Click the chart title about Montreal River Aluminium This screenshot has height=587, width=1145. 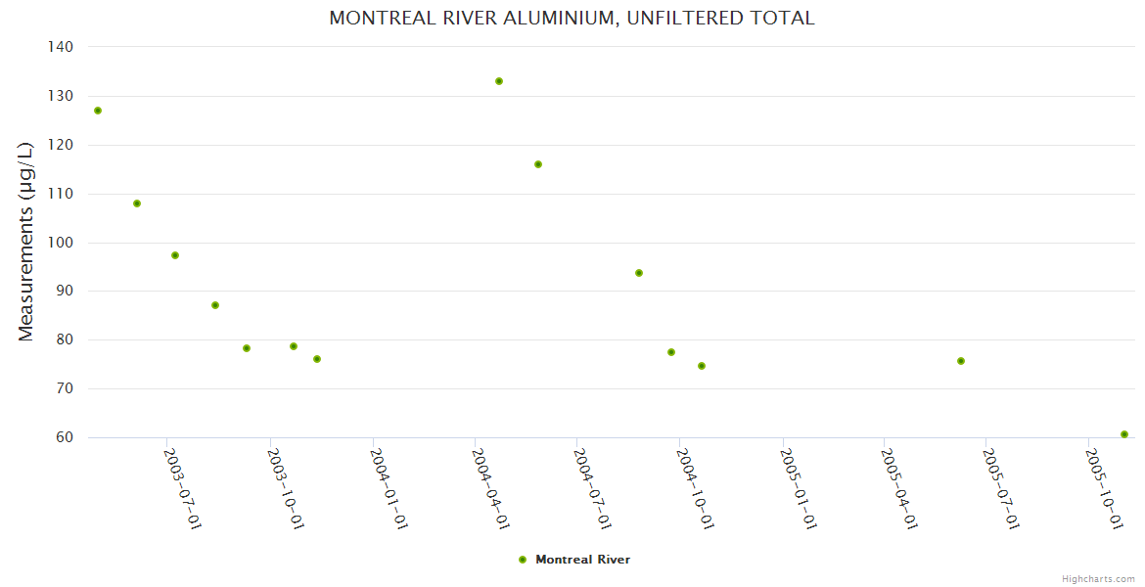coord(572,18)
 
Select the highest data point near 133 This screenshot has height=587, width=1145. coord(499,81)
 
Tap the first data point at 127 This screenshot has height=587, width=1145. coord(98,111)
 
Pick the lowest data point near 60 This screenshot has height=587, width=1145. coord(1124,434)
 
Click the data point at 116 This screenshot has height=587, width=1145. coord(538,164)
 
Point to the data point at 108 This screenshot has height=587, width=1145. coord(137,203)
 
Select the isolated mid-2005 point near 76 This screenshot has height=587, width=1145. coord(961,361)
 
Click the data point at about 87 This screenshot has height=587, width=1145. coord(215,305)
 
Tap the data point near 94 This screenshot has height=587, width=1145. coord(639,273)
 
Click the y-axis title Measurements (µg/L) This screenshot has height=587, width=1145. coord(26,241)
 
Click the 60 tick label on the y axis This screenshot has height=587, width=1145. coord(63,437)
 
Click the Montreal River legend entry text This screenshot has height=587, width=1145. coord(582,560)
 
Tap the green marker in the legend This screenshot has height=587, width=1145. coord(523,560)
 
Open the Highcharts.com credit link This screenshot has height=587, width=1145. coord(1098,578)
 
